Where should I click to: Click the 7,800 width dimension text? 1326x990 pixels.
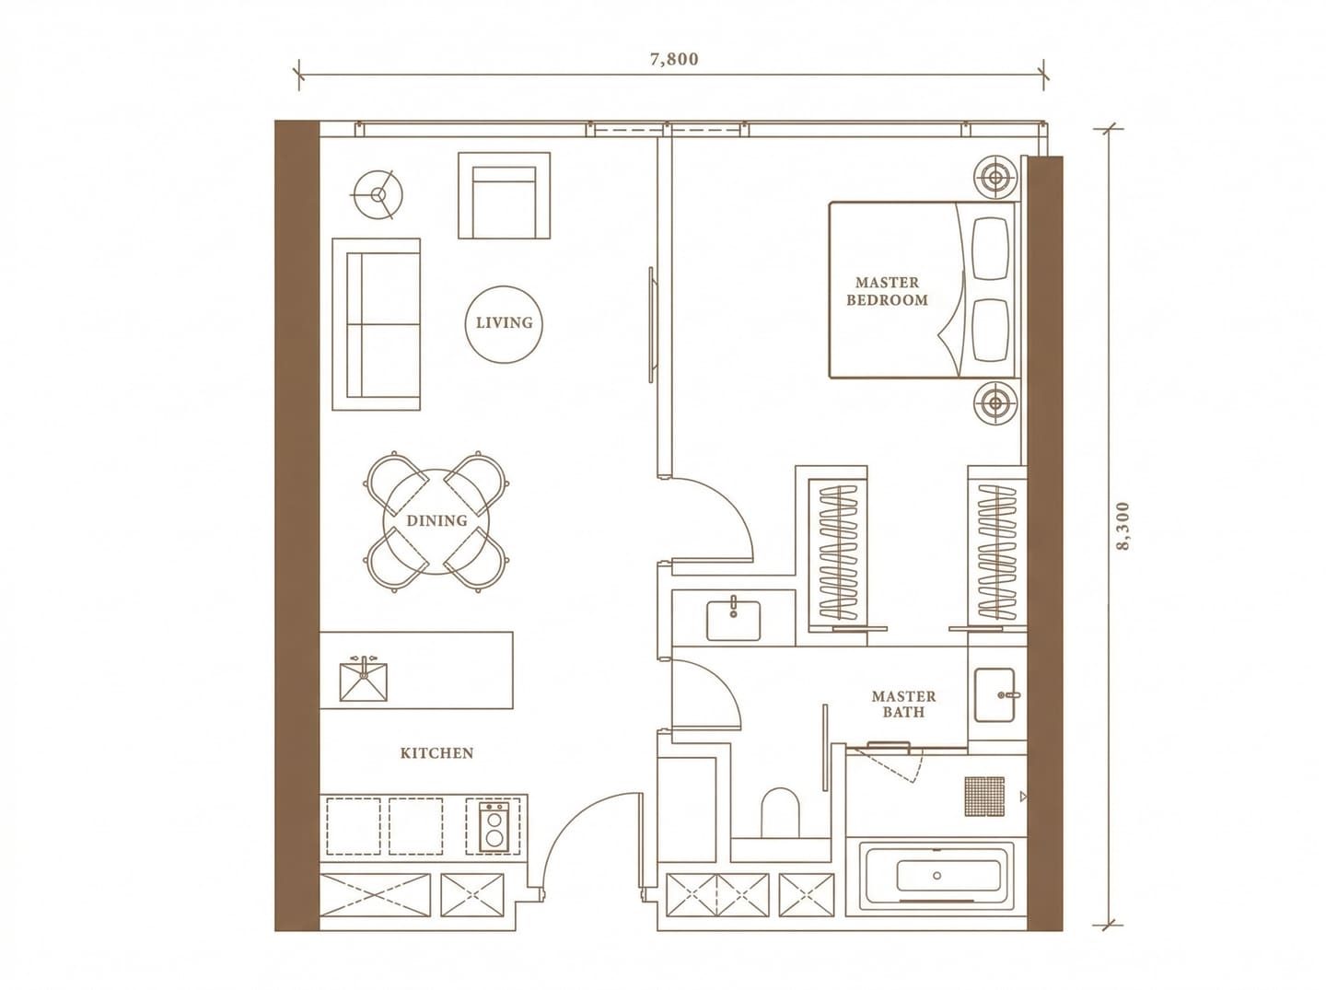(673, 59)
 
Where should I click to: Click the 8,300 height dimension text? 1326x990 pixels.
(1122, 526)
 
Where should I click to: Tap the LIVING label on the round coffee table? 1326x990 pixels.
(504, 322)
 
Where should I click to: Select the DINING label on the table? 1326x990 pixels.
(436, 520)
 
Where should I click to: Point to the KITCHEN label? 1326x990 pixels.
(436, 753)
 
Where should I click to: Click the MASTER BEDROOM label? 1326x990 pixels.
(887, 291)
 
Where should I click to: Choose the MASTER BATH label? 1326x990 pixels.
(903, 705)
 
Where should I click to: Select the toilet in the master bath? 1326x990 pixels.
(780, 812)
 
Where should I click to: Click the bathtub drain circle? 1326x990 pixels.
(937, 875)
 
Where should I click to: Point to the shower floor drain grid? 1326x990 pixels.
(984, 797)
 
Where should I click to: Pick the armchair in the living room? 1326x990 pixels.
(504, 195)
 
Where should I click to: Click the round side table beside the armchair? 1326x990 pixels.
(378, 194)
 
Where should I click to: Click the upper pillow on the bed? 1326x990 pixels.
(990, 249)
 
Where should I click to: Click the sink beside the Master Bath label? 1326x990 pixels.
(994, 694)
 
